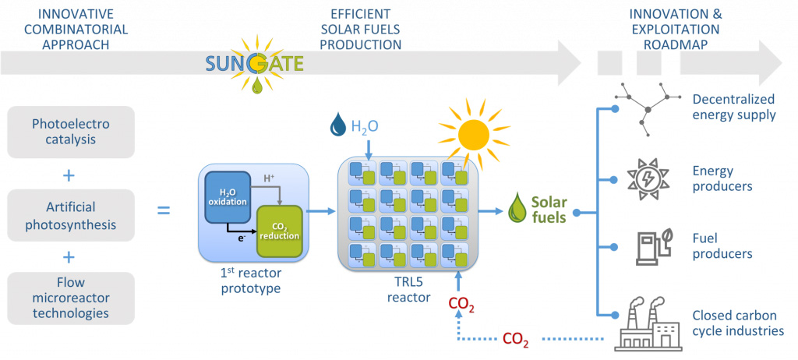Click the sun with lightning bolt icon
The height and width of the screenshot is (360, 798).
click(648, 178)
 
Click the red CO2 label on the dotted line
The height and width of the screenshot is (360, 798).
click(517, 339)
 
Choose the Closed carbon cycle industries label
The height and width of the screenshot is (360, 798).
click(737, 323)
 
